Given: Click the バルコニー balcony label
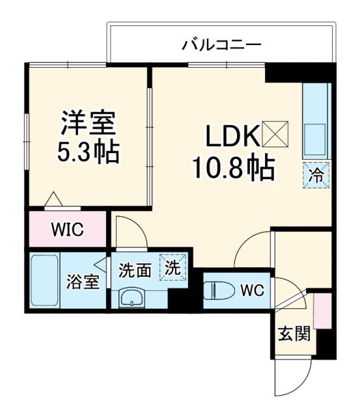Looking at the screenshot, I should click(221, 45).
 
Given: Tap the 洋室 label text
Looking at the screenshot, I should click(88, 123).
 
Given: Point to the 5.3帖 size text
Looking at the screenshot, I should click(88, 152).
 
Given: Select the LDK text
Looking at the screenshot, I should click(232, 137).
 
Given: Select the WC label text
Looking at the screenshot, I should click(251, 290).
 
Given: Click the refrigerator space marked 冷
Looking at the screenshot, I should click(316, 175).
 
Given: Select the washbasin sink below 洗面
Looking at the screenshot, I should click(134, 298).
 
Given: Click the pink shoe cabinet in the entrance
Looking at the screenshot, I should click(320, 311).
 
